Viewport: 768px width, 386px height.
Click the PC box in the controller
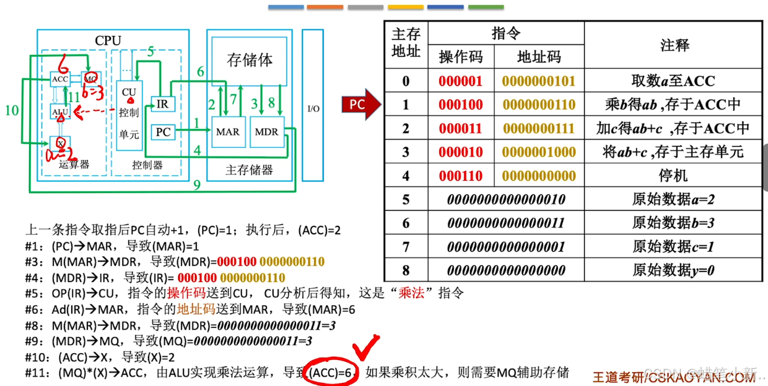[x=163, y=132]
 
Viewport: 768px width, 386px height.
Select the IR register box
[x=162, y=104]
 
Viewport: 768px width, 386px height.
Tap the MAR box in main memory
[x=227, y=132]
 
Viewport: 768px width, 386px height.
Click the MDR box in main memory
[x=266, y=132]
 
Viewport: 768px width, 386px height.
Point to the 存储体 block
[x=250, y=61]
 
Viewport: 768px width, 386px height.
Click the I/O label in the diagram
[x=313, y=109]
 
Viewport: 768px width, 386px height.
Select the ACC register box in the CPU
[x=60, y=79]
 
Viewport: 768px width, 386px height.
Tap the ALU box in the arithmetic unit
[x=59, y=111]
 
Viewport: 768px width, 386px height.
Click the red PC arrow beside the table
[x=360, y=105]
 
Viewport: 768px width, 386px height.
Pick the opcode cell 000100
[x=460, y=105]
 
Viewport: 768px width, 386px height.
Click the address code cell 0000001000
[x=539, y=152]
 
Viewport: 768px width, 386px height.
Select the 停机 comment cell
[x=673, y=176]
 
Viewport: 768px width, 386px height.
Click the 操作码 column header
[x=460, y=57]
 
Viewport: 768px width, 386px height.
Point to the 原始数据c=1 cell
[x=673, y=247]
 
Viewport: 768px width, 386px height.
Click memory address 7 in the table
[x=406, y=247]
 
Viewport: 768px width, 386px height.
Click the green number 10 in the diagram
[x=12, y=111]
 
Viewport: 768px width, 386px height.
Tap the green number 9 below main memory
[x=197, y=184]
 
